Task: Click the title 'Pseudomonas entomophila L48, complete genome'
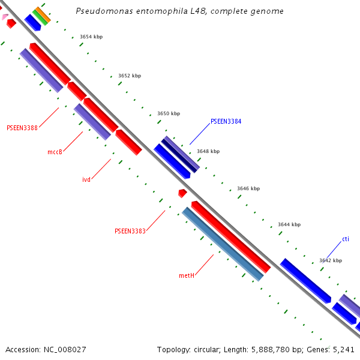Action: pos(180,11)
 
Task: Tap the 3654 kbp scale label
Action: pos(91,37)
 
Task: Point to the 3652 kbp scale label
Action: pos(130,76)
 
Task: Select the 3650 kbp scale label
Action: pos(169,113)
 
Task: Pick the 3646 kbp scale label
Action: pos(248,188)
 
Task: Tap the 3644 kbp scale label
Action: pos(289,224)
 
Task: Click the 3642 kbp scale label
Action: pos(331,260)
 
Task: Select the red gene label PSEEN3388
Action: pos(22,128)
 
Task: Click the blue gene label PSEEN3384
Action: pos(226,121)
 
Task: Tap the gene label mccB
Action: pos(55,152)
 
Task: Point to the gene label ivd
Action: pos(86,179)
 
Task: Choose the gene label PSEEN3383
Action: pos(130,231)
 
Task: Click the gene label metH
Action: pos(187,275)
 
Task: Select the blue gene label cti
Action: pos(346,239)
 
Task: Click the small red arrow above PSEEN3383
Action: pos(182,193)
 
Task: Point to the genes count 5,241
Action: pos(343,349)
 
